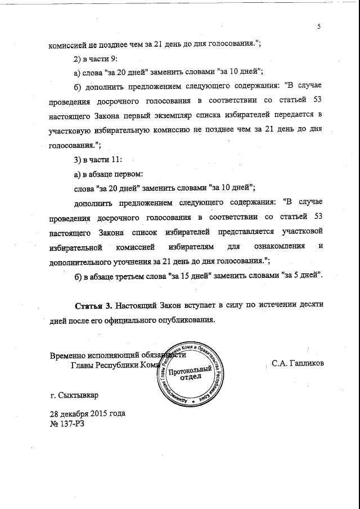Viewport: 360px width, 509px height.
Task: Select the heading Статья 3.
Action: pos(94,305)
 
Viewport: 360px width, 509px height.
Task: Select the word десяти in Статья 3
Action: pos(309,305)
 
